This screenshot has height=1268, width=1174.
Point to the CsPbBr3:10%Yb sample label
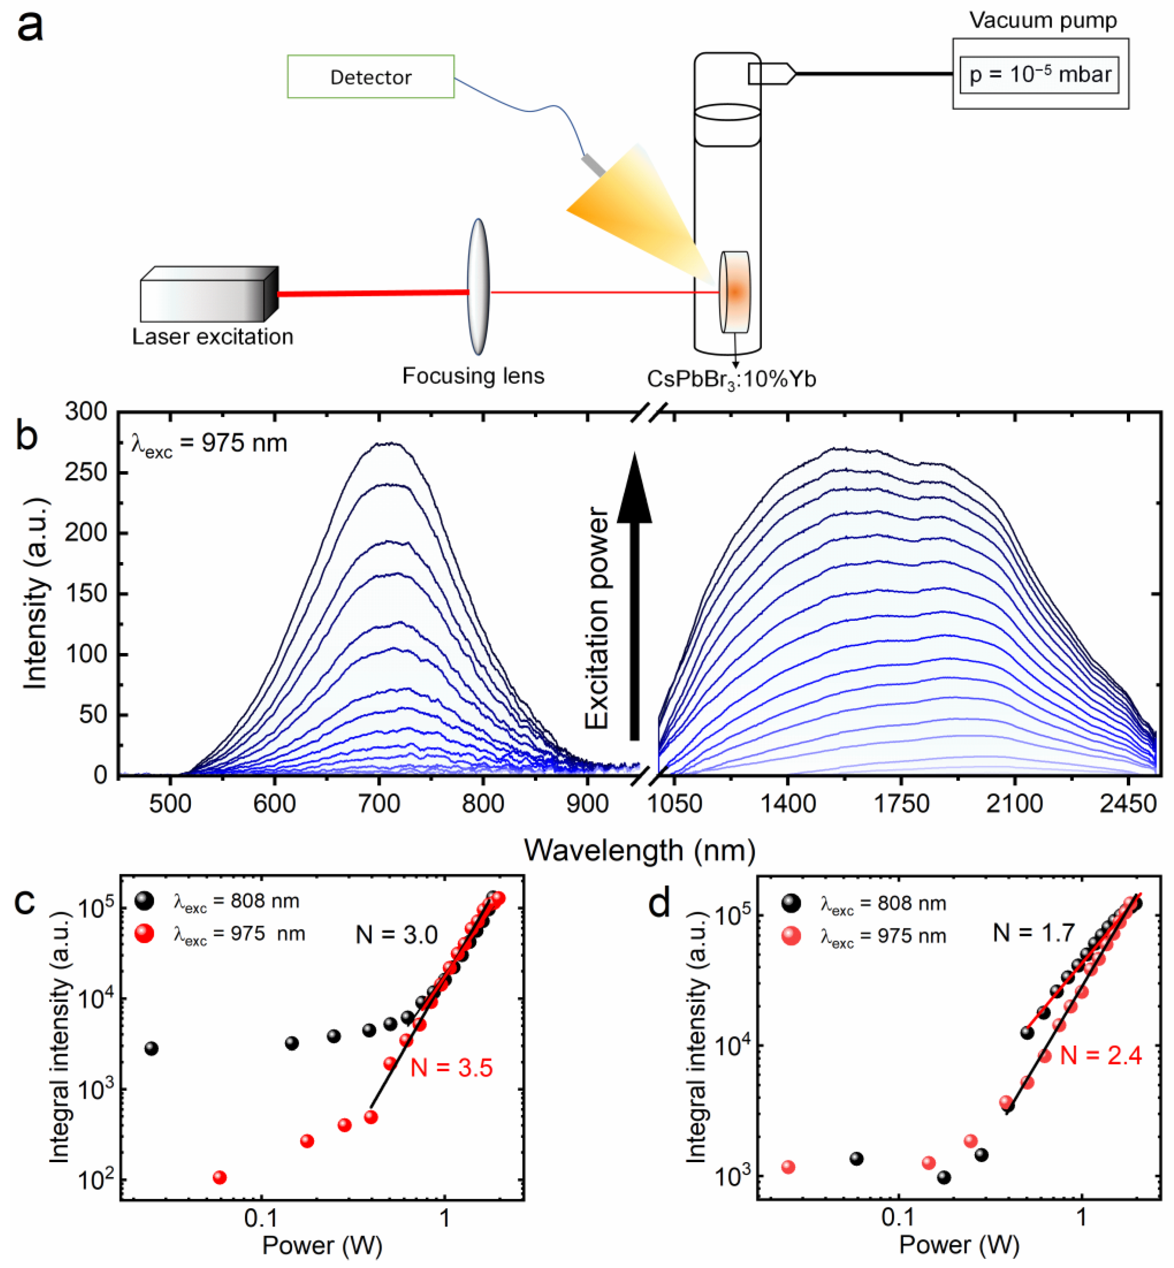coord(731,379)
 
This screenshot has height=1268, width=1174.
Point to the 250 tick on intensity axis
coord(86,472)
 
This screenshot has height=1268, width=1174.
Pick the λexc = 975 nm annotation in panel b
coord(210,443)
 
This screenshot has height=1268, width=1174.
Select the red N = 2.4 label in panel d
coord(1101,1056)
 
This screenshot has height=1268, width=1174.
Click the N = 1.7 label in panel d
coord(1034,932)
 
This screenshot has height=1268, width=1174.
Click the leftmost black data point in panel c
coord(151,1049)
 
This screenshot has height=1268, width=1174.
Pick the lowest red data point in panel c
coord(219,1178)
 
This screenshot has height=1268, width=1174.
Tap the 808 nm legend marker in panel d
coord(791,903)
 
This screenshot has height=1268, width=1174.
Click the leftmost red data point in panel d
coord(788,1167)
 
